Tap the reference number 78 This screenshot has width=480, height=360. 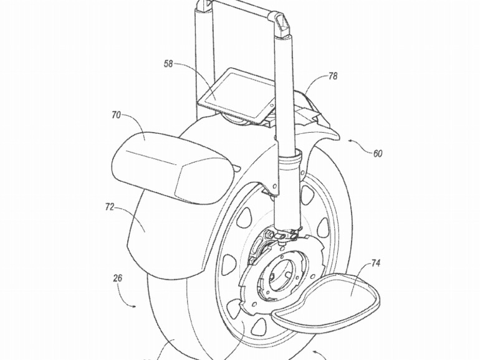tap(333, 77)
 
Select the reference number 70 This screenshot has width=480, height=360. tap(116, 115)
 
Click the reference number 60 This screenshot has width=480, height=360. tap(378, 153)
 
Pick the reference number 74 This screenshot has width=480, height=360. tap(376, 263)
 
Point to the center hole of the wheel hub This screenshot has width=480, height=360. tap(279, 272)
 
